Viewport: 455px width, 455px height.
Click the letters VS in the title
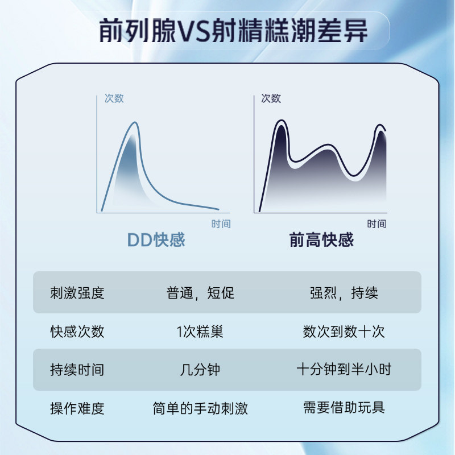tap(193, 31)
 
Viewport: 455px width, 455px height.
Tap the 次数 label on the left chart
tap(114, 98)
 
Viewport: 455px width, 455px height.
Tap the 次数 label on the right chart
tap(271, 98)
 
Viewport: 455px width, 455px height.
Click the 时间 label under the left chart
tap(221, 224)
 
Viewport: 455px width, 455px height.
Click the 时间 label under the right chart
tap(377, 224)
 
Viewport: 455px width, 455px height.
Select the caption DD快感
tap(156, 240)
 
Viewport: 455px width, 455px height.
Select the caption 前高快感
tap(321, 240)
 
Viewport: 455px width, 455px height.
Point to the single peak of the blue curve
tap(135, 122)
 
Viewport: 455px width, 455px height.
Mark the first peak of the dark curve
tap(281, 120)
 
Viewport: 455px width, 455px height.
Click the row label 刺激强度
tap(77, 292)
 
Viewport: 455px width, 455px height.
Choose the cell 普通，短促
tap(200, 292)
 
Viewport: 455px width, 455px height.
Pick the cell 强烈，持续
tap(344, 292)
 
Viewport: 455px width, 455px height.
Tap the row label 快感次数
tap(77, 332)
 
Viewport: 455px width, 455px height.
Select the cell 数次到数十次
tap(344, 332)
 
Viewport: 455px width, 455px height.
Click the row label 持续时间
tap(77, 370)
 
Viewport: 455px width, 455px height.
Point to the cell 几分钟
tap(200, 370)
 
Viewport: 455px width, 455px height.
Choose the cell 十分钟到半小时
tap(344, 369)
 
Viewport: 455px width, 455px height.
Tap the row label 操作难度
tap(77, 408)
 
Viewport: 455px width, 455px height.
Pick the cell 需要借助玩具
tap(344, 407)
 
